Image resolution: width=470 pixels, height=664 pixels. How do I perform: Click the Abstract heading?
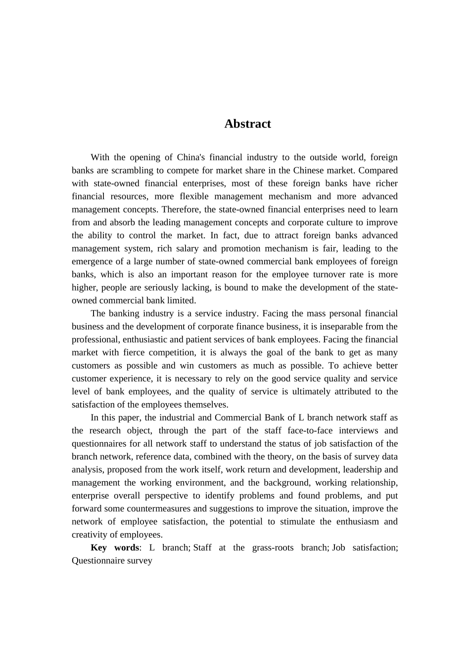coord(247,124)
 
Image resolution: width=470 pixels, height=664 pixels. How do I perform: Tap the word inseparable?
coord(343,327)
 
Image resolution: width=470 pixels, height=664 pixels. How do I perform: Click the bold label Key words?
coord(115,548)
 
